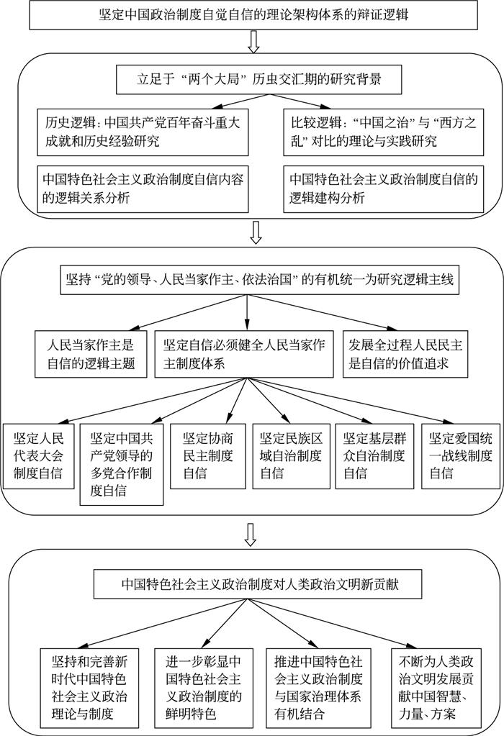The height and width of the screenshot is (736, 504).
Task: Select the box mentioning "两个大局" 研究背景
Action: click(251, 81)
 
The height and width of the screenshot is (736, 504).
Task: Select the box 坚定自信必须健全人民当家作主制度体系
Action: click(246, 353)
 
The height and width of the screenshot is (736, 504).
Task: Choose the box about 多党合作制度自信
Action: click(120, 463)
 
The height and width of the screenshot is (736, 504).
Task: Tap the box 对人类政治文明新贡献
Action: click(252, 584)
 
